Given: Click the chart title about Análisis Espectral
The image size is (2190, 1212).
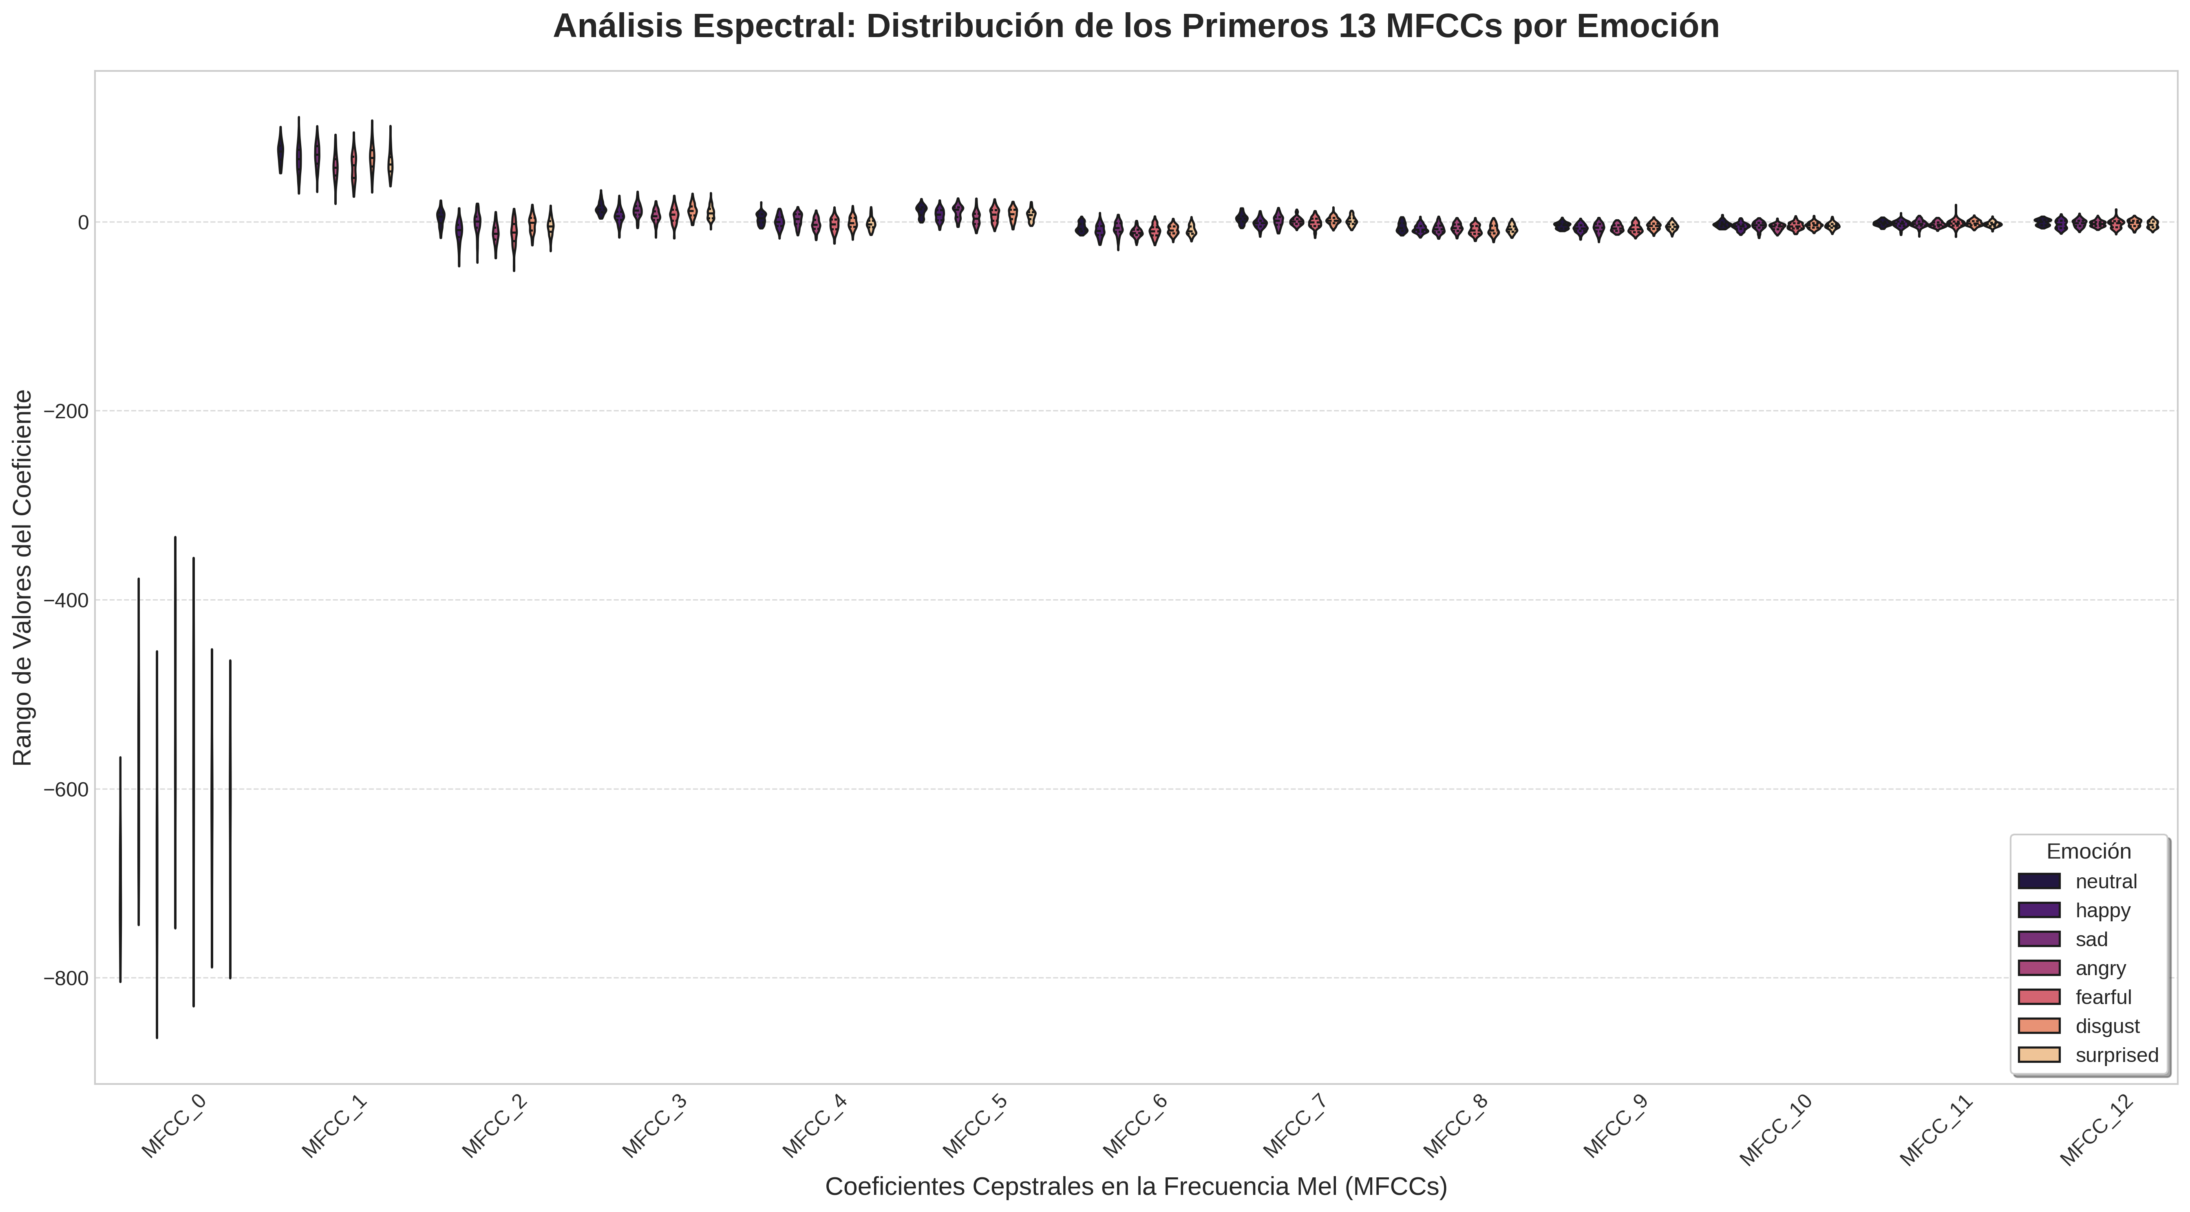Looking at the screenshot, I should [1136, 26].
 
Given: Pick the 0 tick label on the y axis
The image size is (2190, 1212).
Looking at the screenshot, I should [82, 223].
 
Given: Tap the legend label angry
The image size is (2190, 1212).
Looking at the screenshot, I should [2100, 968].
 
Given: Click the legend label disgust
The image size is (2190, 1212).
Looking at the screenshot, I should [2107, 1026].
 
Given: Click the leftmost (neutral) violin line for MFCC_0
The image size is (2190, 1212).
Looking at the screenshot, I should [121, 867].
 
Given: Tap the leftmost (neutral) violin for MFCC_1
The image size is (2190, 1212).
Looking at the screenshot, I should [280, 150].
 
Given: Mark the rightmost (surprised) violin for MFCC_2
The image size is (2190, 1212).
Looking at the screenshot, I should [550, 225].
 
